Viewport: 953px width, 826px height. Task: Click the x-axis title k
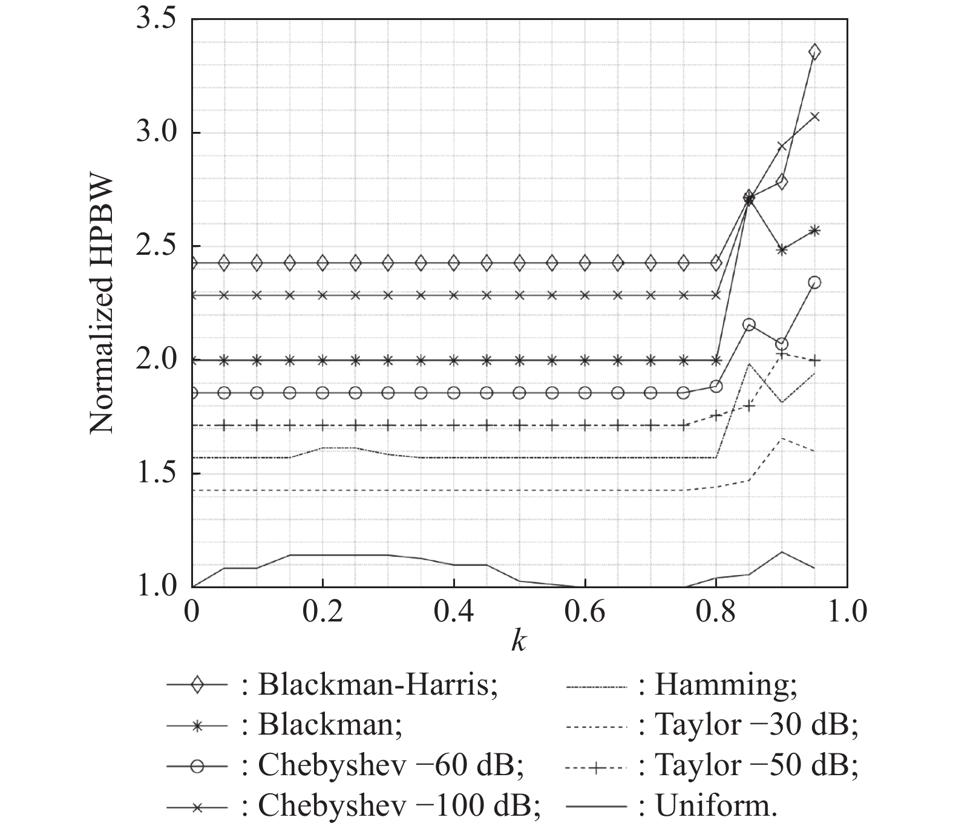click(x=519, y=641)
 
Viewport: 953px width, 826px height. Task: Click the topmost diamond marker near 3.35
click(x=814, y=52)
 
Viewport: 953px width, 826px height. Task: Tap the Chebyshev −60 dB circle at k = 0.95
click(x=814, y=283)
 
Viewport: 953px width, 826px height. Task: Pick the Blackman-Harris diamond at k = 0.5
click(x=519, y=263)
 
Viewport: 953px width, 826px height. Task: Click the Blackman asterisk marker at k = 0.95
click(x=814, y=231)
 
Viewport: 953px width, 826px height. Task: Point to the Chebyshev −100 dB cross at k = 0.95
click(x=814, y=117)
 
